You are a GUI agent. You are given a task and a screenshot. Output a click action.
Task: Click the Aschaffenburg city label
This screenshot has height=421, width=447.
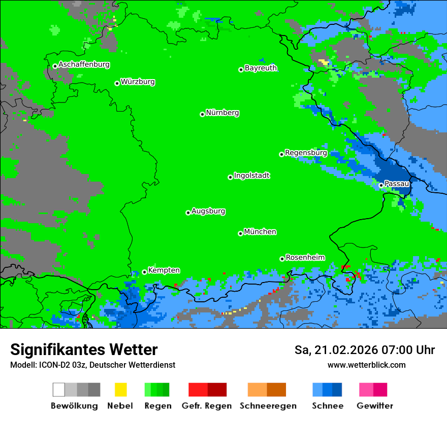[x=84, y=65]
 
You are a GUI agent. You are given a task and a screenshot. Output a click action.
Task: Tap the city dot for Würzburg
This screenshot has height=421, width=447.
[x=117, y=83]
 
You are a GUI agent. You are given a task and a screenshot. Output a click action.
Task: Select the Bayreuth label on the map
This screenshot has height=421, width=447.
[x=261, y=68]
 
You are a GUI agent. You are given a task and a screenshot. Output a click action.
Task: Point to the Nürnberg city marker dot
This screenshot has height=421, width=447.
[x=202, y=114]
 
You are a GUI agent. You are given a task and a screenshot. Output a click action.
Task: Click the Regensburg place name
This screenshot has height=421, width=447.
[x=306, y=153]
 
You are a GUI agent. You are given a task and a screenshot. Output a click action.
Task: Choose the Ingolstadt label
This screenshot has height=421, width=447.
[x=251, y=176]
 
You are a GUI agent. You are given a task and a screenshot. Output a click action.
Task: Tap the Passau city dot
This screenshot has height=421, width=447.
[x=381, y=185]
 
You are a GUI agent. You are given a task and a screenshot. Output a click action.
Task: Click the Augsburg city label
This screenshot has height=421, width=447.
[x=208, y=211]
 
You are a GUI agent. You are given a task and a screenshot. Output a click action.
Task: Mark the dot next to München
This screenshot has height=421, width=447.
[x=240, y=233]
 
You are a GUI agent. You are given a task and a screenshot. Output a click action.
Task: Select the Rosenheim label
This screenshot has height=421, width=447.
[x=305, y=257]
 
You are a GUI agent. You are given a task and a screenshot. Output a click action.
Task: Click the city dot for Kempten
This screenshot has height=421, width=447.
[x=144, y=272]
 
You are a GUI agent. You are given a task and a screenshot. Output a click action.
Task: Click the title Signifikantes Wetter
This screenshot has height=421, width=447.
[x=84, y=350]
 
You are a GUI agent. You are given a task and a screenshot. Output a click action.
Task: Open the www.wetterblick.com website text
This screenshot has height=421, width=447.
[x=366, y=365]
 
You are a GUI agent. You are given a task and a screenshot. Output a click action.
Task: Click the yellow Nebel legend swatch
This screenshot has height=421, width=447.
[x=120, y=390]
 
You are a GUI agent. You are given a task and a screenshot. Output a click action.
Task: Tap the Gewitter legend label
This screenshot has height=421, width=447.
[x=374, y=406]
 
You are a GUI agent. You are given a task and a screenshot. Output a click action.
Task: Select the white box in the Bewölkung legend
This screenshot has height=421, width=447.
[x=58, y=390]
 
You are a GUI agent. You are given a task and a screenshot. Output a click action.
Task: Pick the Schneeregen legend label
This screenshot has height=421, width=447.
[x=268, y=406]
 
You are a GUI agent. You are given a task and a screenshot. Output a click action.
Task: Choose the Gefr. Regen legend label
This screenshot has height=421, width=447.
[x=206, y=406]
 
